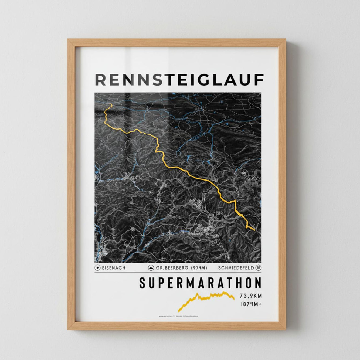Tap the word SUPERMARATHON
pyautogui.click(x=200, y=283)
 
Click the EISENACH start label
pyautogui.click(x=113, y=268)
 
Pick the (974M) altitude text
pyautogui.click(x=199, y=268)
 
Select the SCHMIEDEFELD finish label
pyautogui.click(x=236, y=268)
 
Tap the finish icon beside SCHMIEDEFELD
pyautogui.click(x=259, y=268)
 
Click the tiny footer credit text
pyautogui.click(x=178, y=316)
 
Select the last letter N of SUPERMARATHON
pyautogui.click(x=258, y=283)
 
